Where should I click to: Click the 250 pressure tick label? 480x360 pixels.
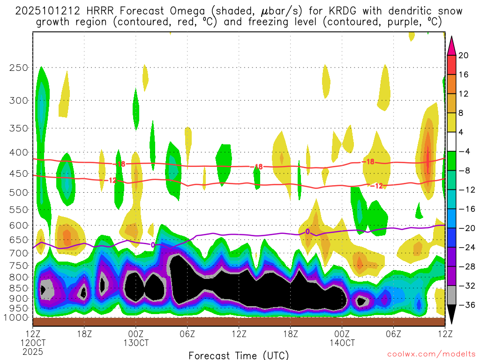(18, 67)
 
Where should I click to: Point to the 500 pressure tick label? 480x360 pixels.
(18, 192)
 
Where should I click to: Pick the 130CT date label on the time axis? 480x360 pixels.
(135, 343)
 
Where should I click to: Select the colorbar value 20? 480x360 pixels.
(464, 55)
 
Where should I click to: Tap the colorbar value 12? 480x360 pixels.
(464, 94)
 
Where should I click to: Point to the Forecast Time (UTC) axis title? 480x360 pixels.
(239, 355)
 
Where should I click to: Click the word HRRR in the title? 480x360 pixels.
(94, 11)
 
